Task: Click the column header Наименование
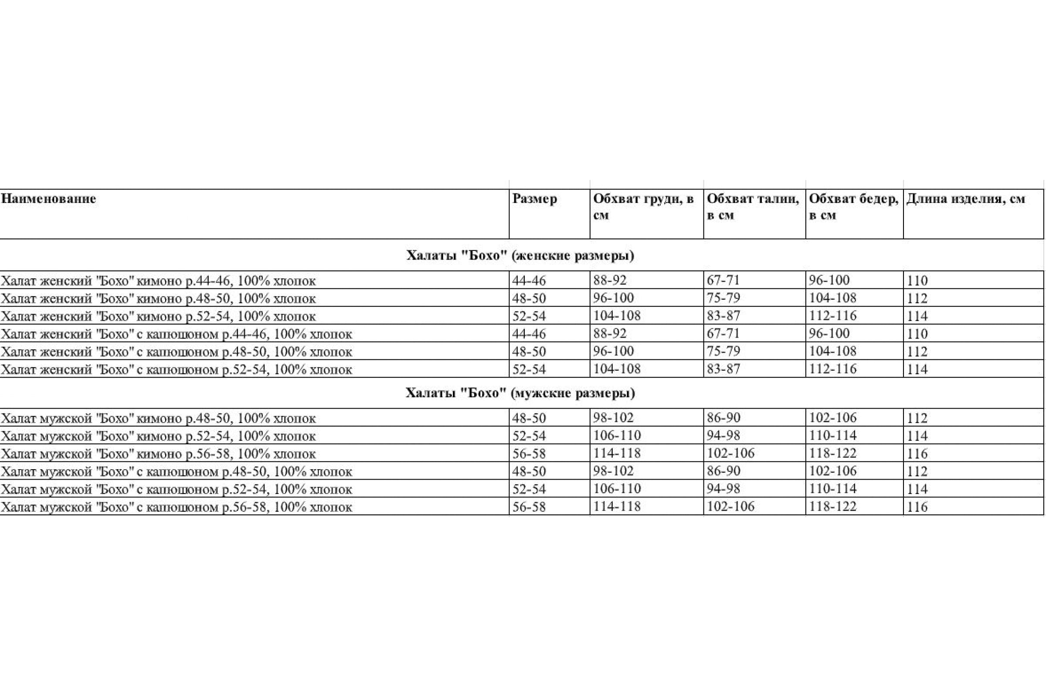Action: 48,199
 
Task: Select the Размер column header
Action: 534,199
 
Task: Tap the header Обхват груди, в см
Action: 643,206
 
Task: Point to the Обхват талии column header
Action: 753,206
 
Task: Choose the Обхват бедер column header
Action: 853,206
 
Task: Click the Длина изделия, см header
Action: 965,199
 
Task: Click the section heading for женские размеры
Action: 520,256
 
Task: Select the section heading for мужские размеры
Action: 520,393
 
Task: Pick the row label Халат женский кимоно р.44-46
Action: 158,281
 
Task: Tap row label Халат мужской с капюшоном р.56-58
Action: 177,507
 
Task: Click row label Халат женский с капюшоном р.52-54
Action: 177,369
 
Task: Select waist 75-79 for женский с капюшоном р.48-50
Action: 723,351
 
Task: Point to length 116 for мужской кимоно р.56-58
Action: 917,454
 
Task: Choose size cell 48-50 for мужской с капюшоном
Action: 529,471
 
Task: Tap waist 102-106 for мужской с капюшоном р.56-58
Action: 731,507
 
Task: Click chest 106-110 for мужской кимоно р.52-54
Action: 617,436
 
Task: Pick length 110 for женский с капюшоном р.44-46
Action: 917,334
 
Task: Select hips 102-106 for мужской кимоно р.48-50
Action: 832,418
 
